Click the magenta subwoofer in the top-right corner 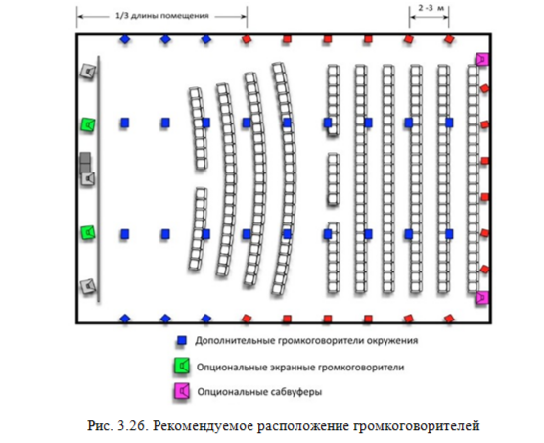480,59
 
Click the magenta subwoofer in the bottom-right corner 480,297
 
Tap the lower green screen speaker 89,233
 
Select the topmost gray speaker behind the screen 89,72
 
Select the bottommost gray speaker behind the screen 89,286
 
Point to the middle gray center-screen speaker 89,179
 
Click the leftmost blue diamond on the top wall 124,41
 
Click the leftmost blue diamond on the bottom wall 124,318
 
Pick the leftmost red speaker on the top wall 247,41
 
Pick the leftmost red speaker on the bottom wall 247,318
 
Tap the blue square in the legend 181,342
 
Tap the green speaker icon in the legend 181,367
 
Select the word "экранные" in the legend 292,367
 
